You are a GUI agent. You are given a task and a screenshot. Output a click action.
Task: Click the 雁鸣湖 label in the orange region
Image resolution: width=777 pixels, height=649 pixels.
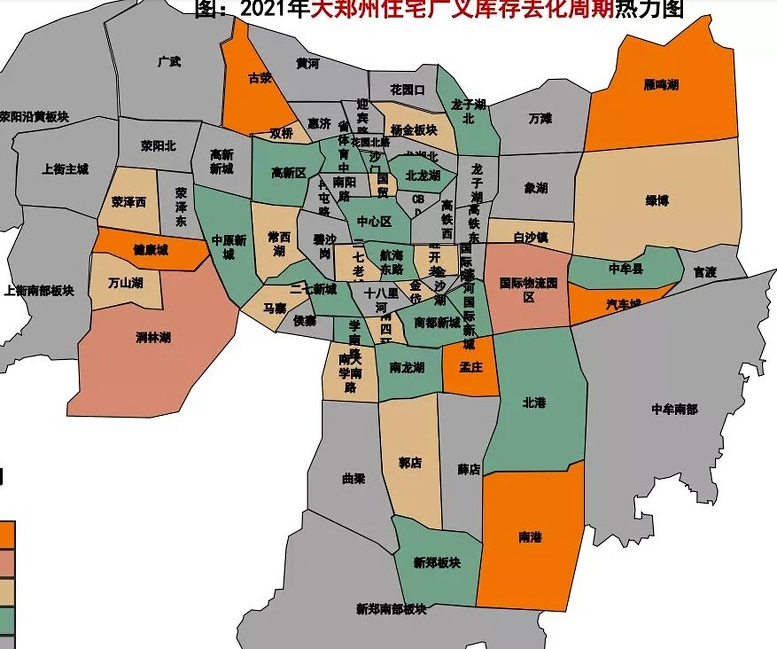(x=661, y=85)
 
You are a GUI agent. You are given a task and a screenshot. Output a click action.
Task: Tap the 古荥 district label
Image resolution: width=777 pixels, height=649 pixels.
(x=260, y=78)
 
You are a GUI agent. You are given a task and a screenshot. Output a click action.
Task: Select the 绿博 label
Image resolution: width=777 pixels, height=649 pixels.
(x=657, y=200)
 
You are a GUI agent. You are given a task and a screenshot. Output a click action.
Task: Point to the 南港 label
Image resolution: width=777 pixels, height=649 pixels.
(x=530, y=536)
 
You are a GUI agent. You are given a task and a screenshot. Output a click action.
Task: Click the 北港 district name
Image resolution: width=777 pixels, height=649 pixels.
(x=534, y=403)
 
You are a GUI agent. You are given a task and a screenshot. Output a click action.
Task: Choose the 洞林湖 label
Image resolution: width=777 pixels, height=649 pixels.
(x=152, y=337)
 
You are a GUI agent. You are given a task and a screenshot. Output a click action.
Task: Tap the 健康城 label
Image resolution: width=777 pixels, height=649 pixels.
(x=150, y=250)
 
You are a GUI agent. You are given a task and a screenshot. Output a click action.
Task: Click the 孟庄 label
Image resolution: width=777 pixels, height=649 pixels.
(x=471, y=367)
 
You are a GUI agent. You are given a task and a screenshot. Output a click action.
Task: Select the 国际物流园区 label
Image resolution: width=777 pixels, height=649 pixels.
(x=528, y=289)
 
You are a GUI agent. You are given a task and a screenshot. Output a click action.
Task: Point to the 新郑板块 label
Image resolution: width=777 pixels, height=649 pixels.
(x=437, y=562)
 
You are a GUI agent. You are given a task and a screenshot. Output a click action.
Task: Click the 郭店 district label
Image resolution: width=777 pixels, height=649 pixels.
(x=410, y=462)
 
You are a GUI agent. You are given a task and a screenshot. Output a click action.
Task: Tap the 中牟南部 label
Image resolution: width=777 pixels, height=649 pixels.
(x=674, y=409)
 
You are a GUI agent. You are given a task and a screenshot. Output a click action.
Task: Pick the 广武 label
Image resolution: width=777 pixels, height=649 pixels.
(x=169, y=62)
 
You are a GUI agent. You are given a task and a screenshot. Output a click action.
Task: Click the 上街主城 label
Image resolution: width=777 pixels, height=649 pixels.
(x=65, y=169)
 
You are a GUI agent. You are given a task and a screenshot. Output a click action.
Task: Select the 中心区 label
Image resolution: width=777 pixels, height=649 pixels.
(x=374, y=221)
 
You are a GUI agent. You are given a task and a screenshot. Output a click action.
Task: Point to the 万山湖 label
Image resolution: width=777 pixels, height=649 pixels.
(x=126, y=282)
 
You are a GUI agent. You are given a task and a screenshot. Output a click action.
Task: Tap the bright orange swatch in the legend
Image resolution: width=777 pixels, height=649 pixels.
(x=7, y=535)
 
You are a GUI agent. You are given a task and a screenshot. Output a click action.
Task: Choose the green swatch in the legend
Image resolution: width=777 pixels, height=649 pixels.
(x=7, y=621)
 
